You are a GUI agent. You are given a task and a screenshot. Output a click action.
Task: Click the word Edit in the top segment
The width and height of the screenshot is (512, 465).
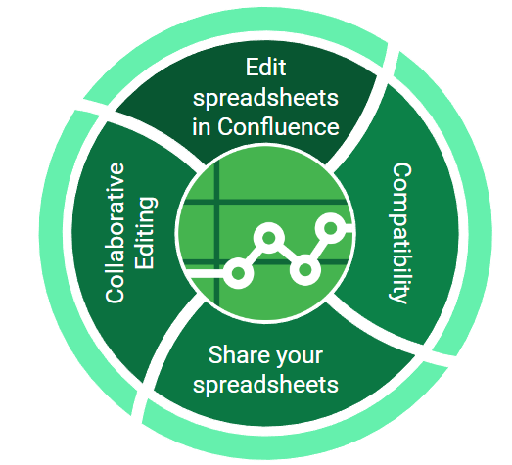click(x=266, y=68)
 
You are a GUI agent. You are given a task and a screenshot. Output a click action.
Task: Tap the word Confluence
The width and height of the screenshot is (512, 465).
click(x=278, y=126)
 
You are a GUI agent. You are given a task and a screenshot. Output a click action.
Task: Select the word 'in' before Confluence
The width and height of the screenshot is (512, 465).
click(x=201, y=126)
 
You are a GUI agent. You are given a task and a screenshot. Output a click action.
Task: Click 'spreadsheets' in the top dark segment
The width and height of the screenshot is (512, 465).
click(x=265, y=98)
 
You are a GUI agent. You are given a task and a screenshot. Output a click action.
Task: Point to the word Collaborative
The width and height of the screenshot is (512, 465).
click(x=115, y=233)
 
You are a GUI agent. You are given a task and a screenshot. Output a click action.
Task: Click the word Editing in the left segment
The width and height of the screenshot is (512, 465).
click(x=146, y=233)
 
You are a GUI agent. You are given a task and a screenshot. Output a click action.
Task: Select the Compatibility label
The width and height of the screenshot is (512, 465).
click(x=400, y=233)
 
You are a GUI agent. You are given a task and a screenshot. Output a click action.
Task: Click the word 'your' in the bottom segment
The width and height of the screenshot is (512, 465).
click(x=301, y=356)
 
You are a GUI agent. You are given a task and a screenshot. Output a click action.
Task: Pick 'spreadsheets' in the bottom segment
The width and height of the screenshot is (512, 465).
click(x=265, y=385)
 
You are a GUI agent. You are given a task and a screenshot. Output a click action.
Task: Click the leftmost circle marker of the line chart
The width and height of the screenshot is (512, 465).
click(x=238, y=273)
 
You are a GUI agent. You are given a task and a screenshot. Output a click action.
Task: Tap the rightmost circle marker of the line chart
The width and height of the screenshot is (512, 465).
click(x=331, y=228)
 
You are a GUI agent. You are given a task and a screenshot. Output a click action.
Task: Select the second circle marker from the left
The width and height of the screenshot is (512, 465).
click(x=269, y=238)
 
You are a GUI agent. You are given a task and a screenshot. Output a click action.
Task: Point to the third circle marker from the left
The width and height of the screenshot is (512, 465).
click(x=305, y=270)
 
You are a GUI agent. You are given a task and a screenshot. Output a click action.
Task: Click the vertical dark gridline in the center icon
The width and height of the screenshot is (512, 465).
click(x=216, y=233)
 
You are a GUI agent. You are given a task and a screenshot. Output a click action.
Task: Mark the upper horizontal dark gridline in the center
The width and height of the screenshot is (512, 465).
click(x=264, y=202)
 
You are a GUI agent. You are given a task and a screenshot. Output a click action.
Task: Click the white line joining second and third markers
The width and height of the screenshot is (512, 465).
click(x=287, y=255)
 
